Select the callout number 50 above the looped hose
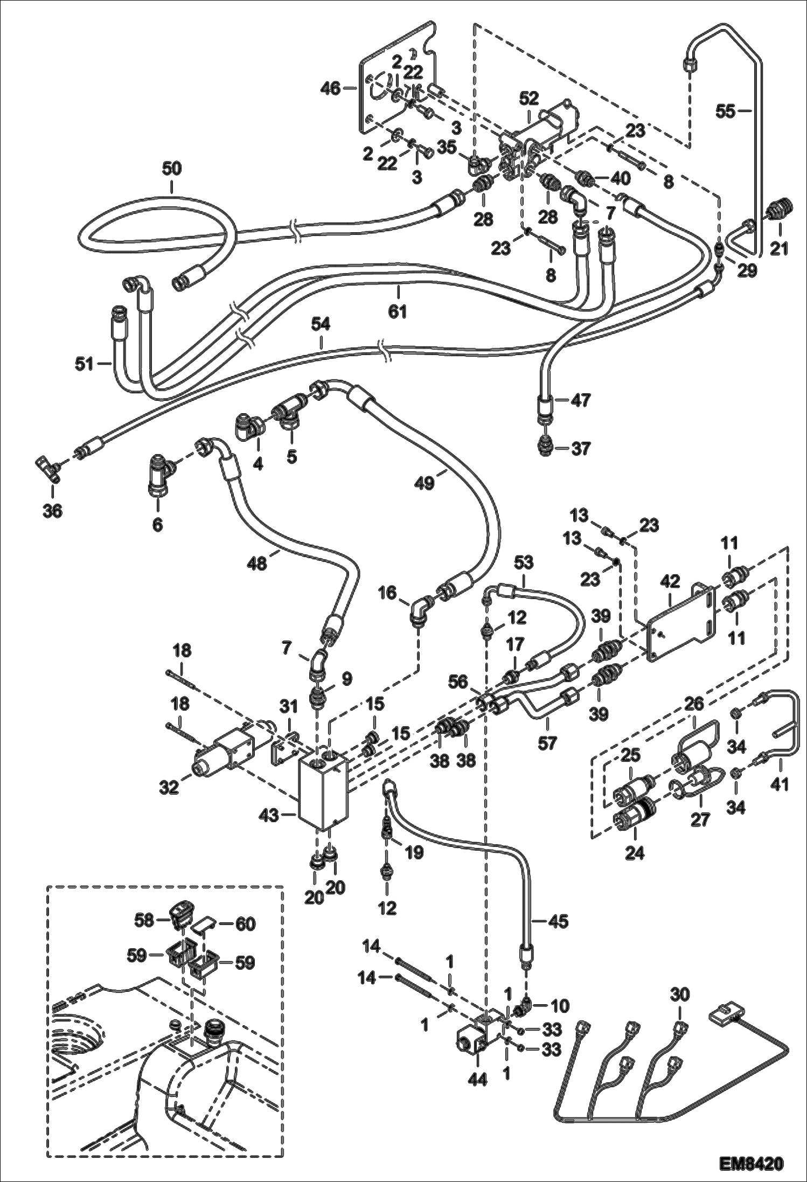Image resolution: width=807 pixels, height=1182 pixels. [172, 169]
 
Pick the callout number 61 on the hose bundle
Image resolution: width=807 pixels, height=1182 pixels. [398, 311]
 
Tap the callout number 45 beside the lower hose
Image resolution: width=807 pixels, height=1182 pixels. [559, 921]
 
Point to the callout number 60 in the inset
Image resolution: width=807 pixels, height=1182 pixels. [245, 924]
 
